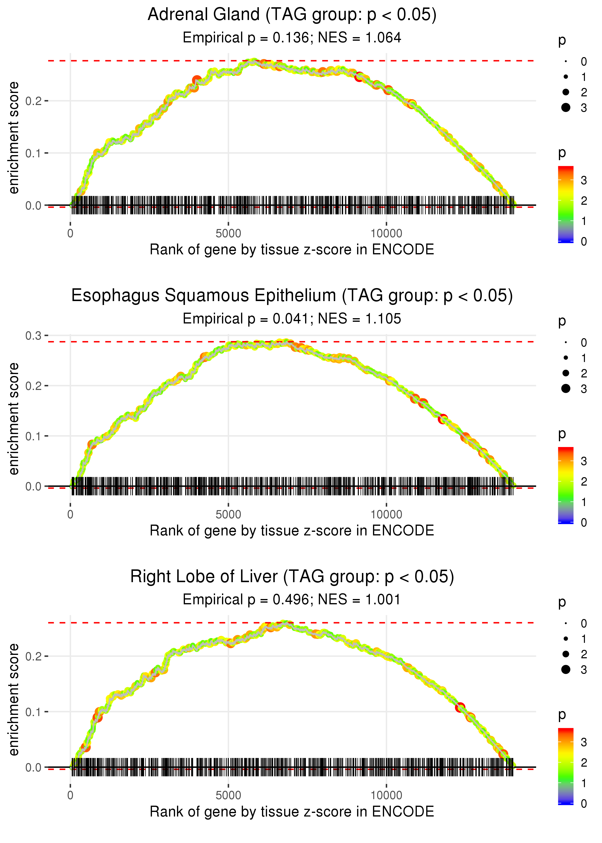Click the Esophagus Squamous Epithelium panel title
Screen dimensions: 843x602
coord(292,296)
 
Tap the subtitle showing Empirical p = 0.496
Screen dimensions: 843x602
coord(292,600)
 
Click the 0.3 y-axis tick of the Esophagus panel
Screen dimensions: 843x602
coord(33,336)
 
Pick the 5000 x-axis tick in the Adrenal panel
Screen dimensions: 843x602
coord(228,234)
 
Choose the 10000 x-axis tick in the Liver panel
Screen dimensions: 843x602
coord(386,796)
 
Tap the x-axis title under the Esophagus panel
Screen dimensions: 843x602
coord(292,531)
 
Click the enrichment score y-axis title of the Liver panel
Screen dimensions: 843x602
coord(14,700)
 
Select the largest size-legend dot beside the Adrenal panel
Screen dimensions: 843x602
coord(566,107)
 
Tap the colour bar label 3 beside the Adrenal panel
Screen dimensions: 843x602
coord(584,181)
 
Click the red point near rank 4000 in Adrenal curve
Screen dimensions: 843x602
coord(197,80)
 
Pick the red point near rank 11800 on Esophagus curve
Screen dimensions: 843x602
coord(443,419)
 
